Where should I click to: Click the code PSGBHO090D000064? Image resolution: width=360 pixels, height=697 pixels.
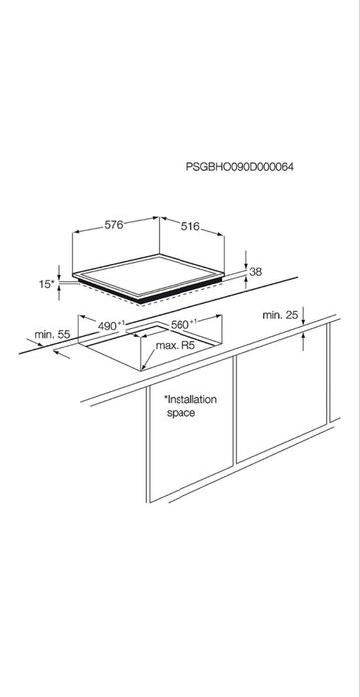pyautogui.click(x=240, y=167)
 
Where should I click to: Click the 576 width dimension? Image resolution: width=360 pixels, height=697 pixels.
pyautogui.click(x=114, y=225)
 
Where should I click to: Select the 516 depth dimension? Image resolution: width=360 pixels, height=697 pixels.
pyautogui.click(x=190, y=227)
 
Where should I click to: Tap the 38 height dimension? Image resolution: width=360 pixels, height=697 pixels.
pyautogui.click(x=256, y=272)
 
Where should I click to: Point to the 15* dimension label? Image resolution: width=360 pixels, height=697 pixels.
pyautogui.click(x=46, y=284)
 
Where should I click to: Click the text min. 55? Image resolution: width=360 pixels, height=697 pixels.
pyautogui.click(x=52, y=335)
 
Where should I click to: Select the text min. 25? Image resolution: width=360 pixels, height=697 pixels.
pyautogui.click(x=279, y=315)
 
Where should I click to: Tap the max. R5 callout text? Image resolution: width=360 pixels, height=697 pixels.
pyautogui.click(x=176, y=346)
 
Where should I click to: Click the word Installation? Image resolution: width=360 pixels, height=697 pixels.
pyautogui.click(x=190, y=399)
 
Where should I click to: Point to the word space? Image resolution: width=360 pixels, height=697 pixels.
pyautogui.click(x=180, y=413)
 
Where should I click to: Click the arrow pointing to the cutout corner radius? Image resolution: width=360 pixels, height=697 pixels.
pyautogui.click(x=148, y=359)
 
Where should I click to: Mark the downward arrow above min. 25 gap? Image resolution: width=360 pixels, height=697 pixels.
pyautogui.click(x=303, y=316)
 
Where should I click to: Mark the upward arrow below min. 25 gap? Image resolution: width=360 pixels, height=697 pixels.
pyautogui.click(x=303, y=342)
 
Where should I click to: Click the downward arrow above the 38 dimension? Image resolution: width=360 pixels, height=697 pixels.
pyautogui.click(x=246, y=260)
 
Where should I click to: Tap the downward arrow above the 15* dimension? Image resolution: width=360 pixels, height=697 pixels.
pyautogui.click(x=59, y=273)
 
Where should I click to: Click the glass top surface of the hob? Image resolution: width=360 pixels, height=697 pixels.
pyautogui.click(x=148, y=275)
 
